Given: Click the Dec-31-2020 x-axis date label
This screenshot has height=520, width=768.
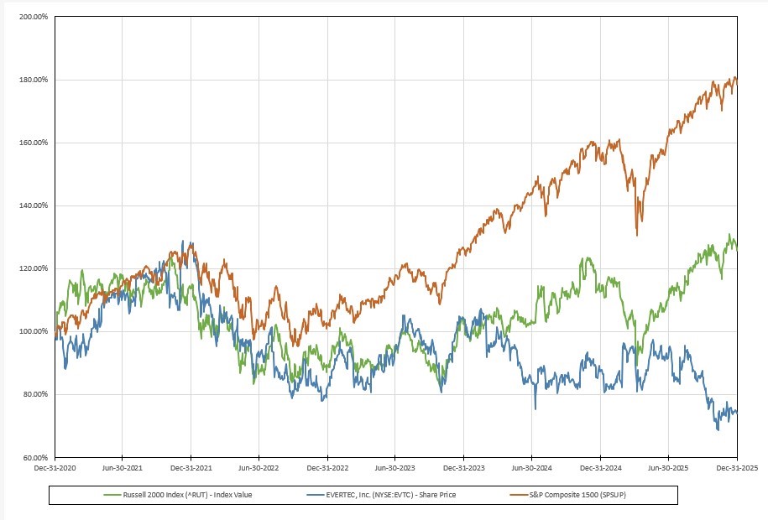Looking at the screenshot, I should [x=56, y=471].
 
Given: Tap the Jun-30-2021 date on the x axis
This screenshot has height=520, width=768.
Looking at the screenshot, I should [x=123, y=471].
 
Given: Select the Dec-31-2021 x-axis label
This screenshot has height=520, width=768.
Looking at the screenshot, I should [x=191, y=471].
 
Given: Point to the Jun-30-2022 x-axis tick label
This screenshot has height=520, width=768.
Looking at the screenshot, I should [x=259, y=471].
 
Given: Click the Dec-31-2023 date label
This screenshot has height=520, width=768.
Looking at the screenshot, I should [x=464, y=471].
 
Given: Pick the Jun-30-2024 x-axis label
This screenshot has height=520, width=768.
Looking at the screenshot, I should [x=532, y=471].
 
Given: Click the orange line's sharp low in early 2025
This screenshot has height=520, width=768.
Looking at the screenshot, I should [x=638, y=234].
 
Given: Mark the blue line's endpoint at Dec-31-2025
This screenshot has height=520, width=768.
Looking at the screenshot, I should [x=737, y=411].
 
